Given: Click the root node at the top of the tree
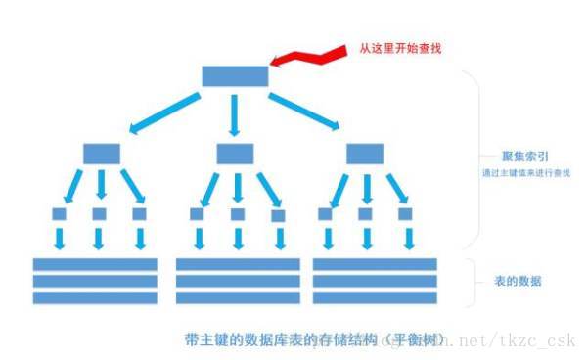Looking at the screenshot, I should point(234,76).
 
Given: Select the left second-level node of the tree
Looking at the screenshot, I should point(101,154).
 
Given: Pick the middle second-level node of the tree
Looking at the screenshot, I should point(235,154).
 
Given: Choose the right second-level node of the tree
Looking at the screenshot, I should point(365,154).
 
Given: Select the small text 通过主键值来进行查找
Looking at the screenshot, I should point(526,173).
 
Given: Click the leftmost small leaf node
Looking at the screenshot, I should point(59,213).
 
